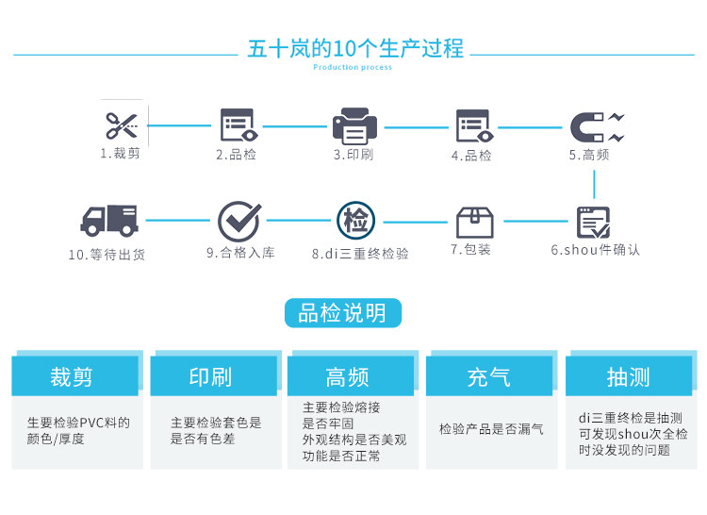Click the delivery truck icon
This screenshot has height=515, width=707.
[x=108, y=221]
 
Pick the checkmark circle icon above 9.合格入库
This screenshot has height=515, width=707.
[x=238, y=222]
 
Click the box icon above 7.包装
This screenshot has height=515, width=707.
[x=474, y=222]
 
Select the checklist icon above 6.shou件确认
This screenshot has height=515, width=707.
[x=593, y=222]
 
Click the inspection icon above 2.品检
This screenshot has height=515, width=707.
[x=237, y=125]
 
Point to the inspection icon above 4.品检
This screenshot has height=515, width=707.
[x=472, y=125]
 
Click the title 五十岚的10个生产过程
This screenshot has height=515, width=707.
[x=354, y=48]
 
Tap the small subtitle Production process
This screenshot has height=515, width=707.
[x=353, y=68]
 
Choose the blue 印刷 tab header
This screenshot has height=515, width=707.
[x=210, y=377]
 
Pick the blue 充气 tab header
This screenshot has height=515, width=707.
[x=488, y=377]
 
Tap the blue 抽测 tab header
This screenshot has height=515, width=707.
[x=628, y=377]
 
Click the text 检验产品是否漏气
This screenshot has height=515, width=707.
[x=491, y=429]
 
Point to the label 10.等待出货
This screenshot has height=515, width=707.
[x=107, y=255]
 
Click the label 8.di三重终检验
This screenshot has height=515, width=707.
[x=360, y=254]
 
